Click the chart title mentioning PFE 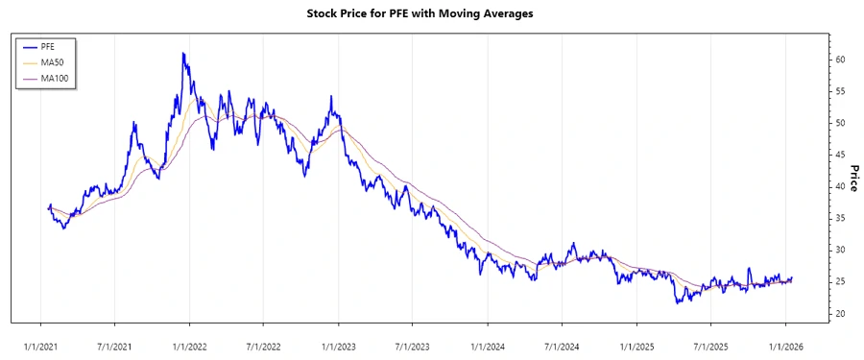pyautogui.click(x=431, y=13)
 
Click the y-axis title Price pyautogui.click(x=852, y=178)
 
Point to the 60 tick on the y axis pyautogui.click(x=840, y=60)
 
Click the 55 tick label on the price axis pyautogui.click(x=840, y=91)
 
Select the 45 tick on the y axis pyautogui.click(x=840, y=155)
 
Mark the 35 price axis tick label pyautogui.click(x=840, y=218)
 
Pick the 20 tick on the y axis pyautogui.click(x=840, y=314)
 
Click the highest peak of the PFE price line pyautogui.click(x=183, y=54)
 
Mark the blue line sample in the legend pyautogui.click(x=28, y=45)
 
